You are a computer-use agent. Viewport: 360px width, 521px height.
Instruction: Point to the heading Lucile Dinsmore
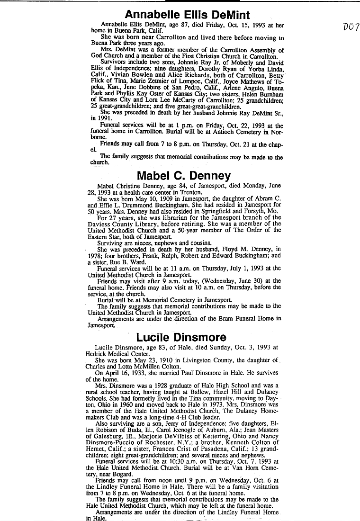[x=181, y=337]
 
